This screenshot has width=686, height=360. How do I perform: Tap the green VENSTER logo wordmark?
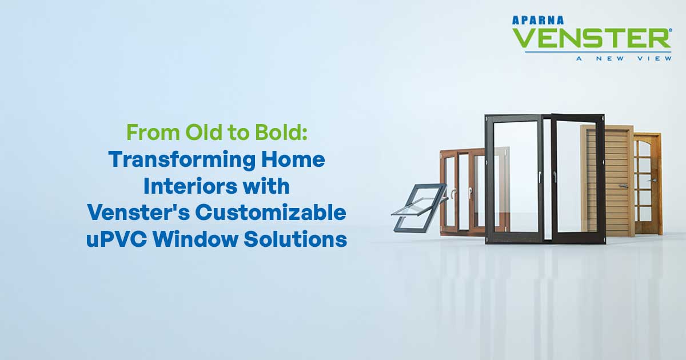[589, 38]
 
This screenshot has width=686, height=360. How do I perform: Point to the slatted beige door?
[608, 180]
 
